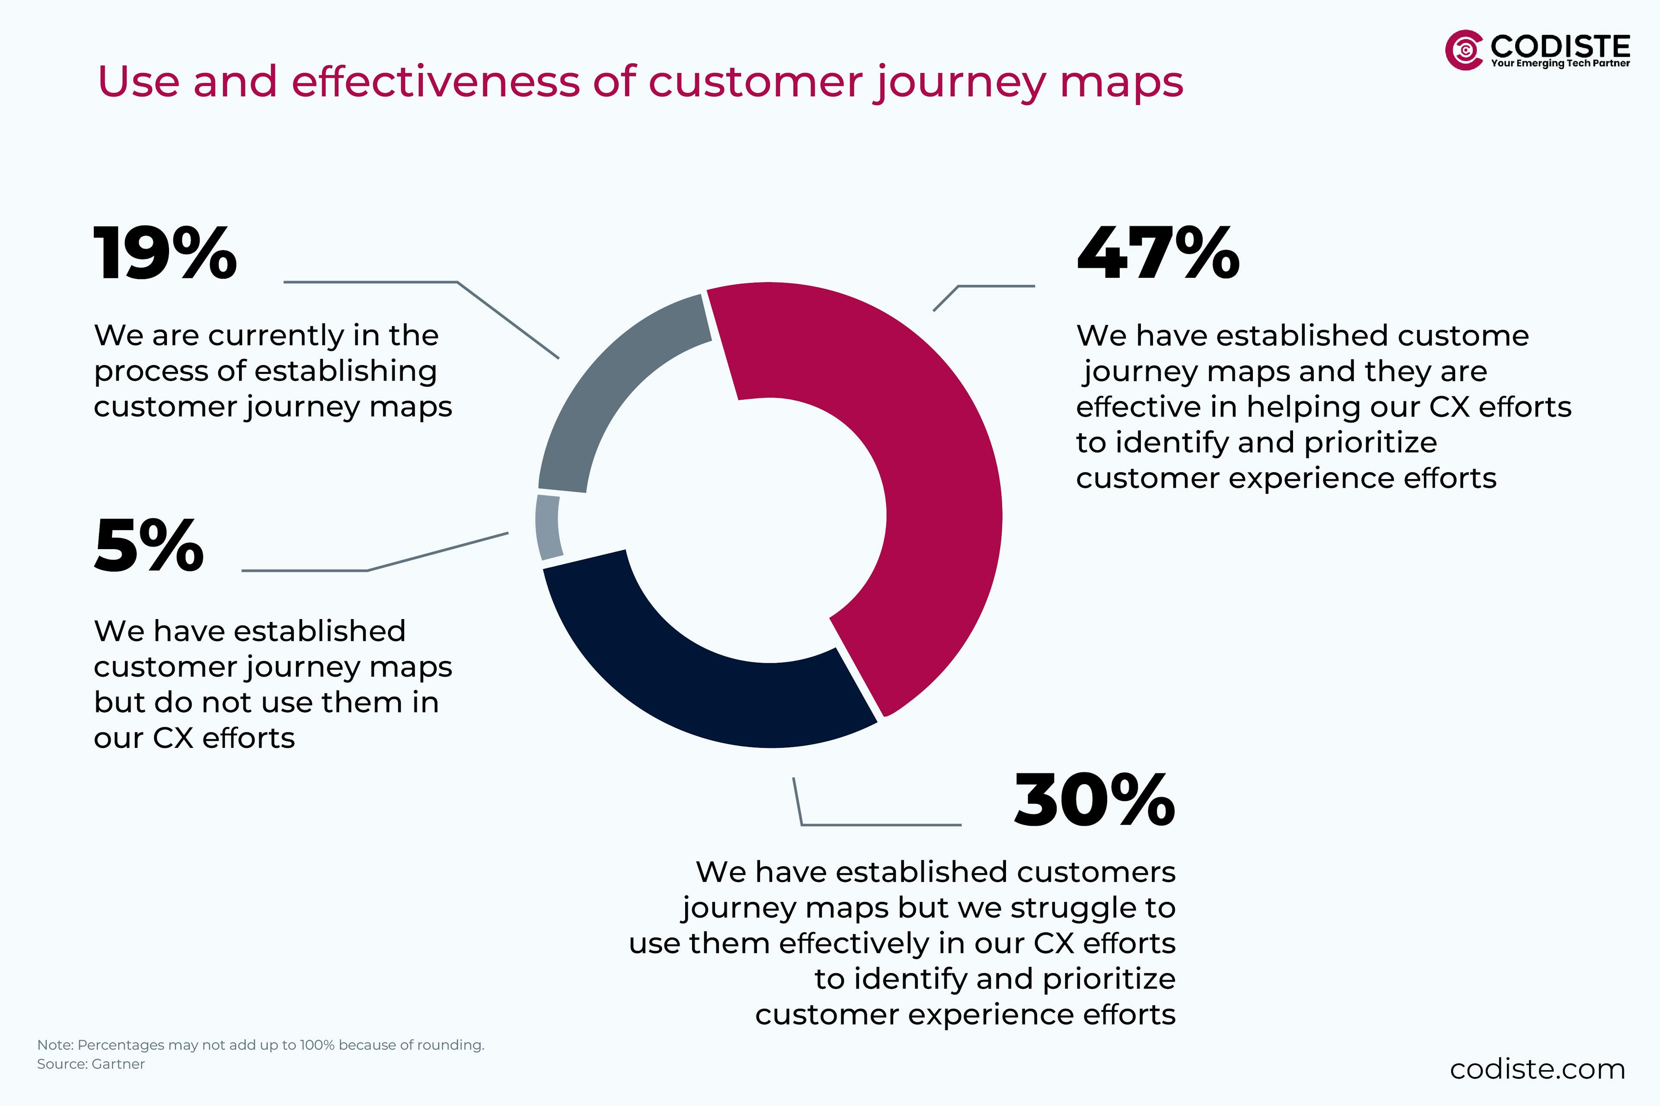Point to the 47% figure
pos(1158,254)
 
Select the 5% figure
pos(149,546)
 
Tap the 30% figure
pos(1095,801)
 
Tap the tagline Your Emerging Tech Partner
pos(1560,64)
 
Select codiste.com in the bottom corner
pos(1537,1069)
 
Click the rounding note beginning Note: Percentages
pos(260,1045)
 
